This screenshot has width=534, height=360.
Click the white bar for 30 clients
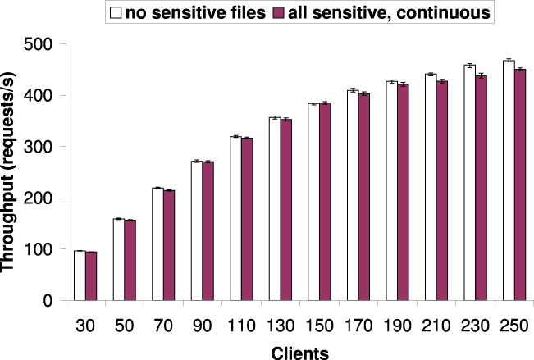(80, 276)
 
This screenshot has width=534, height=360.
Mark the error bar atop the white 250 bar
(509, 61)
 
